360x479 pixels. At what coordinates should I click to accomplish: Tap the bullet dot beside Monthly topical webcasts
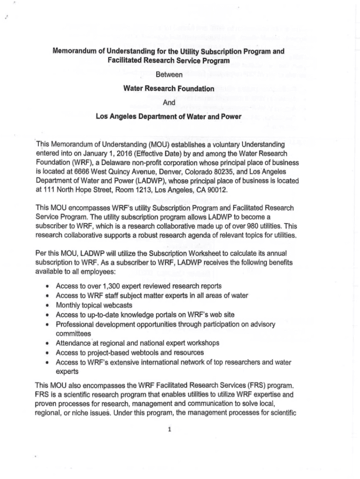coord(48,305)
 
